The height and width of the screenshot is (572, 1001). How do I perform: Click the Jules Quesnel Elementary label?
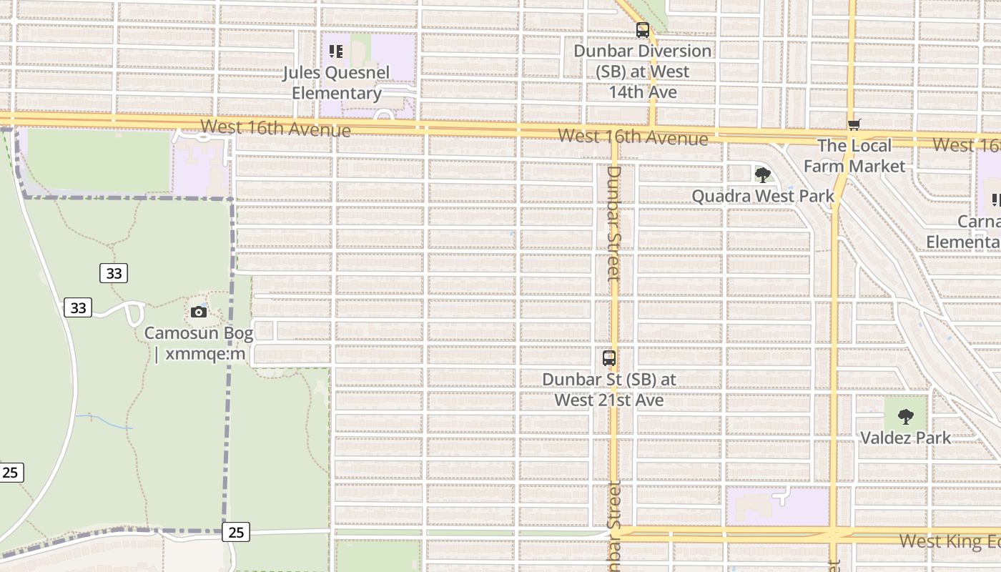point(336,83)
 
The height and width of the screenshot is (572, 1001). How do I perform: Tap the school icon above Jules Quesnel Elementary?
point(336,51)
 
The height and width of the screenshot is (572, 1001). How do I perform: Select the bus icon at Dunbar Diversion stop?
point(643,30)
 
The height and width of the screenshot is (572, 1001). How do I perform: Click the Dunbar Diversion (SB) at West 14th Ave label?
point(642,71)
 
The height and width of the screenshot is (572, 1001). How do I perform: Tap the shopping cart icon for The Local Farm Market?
point(854,125)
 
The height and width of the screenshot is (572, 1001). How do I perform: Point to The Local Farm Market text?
point(854,156)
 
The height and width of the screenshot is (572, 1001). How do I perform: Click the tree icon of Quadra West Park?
point(763,174)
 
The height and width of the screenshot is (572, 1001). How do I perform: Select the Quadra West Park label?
point(763,196)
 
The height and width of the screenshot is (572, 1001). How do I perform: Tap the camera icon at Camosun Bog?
point(199,312)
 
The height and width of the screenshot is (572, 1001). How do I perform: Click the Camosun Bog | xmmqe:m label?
point(199,343)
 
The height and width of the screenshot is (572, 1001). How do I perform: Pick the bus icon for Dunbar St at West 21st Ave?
point(609,358)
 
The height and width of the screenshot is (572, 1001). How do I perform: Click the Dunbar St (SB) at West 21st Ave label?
point(609,390)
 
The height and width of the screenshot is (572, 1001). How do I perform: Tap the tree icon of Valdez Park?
point(906,416)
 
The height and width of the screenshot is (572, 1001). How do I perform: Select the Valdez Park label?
point(906,438)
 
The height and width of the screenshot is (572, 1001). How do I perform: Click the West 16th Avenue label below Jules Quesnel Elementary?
point(275,129)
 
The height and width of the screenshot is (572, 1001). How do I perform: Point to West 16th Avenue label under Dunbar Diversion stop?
point(633,137)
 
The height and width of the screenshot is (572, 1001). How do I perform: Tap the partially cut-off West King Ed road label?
point(950,541)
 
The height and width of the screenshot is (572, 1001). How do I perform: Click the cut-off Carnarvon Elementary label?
point(965,232)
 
